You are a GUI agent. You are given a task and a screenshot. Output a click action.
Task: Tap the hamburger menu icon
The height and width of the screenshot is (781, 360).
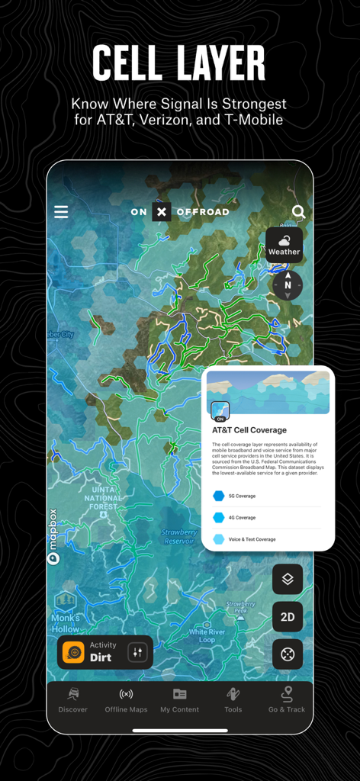pyautogui.click(x=61, y=212)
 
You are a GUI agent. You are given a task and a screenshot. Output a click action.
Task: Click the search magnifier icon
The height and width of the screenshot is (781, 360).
pyautogui.click(x=299, y=212)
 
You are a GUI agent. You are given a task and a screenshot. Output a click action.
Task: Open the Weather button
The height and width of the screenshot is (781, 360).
pyautogui.click(x=284, y=246)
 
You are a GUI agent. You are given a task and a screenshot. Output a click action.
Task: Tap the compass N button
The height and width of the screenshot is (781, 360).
pyautogui.click(x=288, y=285)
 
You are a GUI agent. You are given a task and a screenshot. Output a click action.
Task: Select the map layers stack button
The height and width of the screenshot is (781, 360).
pyautogui.click(x=288, y=580)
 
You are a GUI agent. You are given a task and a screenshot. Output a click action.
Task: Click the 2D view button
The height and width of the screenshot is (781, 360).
pyautogui.click(x=288, y=617)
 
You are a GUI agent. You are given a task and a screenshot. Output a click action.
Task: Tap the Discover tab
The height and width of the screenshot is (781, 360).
pyautogui.click(x=73, y=700)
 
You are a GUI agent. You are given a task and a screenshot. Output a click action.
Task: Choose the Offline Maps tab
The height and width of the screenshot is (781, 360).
pyautogui.click(x=126, y=700)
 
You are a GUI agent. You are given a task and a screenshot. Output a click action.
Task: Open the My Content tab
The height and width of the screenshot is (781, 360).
pyautogui.click(x=179, y=700)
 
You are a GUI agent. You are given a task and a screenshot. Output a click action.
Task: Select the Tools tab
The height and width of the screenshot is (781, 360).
pyautogui.click(x=233, y=700)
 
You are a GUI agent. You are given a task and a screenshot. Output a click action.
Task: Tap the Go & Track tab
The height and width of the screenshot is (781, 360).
pyautogui.click(x=287, y=700)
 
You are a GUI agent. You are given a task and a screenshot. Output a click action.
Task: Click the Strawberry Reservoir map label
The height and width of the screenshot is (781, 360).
pyautogui.click(x=180, y=536)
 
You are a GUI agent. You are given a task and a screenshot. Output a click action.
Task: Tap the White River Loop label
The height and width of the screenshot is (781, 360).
pyautogui.click(x=207, y=635)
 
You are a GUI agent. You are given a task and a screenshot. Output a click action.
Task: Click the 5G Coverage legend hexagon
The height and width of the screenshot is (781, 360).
pyautogui.click(x=219, y=496)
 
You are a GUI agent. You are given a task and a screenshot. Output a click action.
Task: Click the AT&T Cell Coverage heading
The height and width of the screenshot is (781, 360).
pyautogui.click(x=249, y=430)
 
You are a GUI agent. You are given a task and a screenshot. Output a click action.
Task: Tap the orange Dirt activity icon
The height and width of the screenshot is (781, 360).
pyautogui.click(x=73, y=652)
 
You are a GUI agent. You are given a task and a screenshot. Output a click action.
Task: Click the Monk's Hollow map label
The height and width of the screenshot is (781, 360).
pyautogui.click(x=66, y=623)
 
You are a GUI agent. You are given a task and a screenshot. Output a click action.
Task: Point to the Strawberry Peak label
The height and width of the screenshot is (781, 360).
pyautogui.click(x=240, y=608)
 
